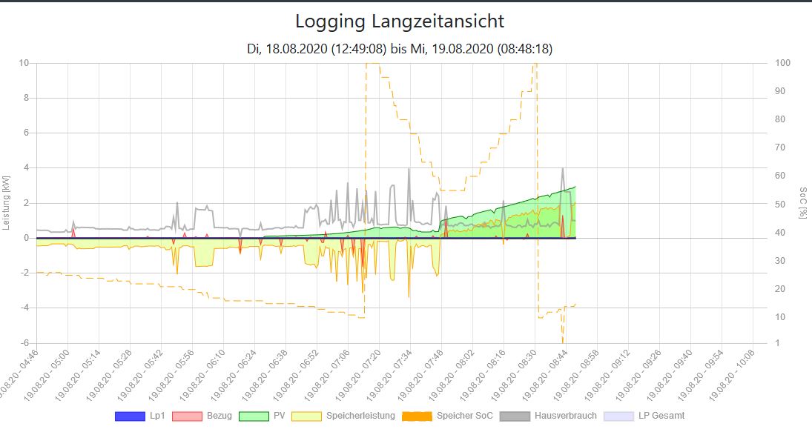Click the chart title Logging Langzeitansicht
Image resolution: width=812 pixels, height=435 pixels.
400,21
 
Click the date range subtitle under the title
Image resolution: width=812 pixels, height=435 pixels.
400,49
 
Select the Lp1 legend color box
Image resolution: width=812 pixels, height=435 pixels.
130,416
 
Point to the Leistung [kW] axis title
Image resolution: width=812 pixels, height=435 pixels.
7,202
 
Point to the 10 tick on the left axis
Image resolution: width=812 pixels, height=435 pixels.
24,63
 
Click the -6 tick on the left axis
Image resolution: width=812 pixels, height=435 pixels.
25,343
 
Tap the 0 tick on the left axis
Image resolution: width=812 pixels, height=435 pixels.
26,238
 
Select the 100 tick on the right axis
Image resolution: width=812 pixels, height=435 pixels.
782,63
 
